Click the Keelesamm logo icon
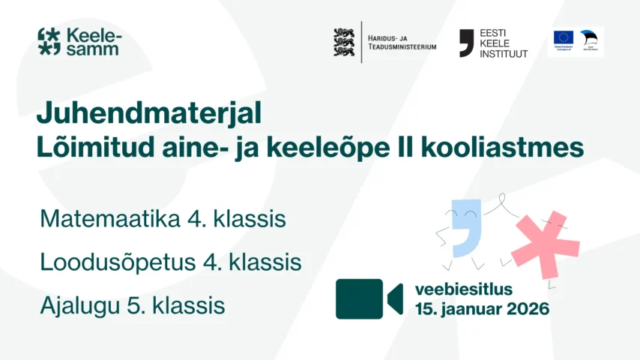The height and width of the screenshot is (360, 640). (49, 41)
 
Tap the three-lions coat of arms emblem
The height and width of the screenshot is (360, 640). (343, 42)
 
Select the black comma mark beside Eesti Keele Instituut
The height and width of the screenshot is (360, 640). (466, 42)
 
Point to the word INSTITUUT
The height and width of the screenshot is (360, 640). (503, 54)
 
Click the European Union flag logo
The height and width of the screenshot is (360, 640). (563, 37)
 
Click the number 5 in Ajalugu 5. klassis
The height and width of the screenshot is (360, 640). (142, 306)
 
